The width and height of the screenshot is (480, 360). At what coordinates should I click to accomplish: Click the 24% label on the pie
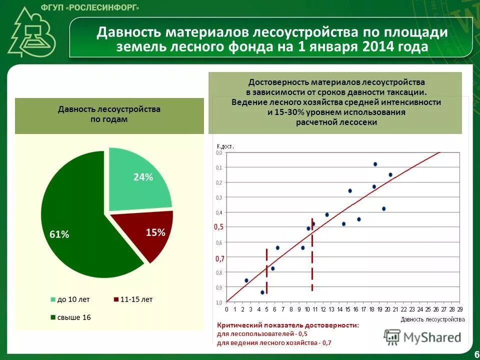pyautogui.click(x=143, y=177)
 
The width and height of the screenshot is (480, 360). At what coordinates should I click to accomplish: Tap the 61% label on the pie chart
pyautogui.click(x=59, y=234)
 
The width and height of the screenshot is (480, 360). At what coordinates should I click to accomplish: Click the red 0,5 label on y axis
pyautogui.click(x=219, y=226)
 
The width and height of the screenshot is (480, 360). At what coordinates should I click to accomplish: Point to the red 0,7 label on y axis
pyautogui.click(x=219, y=258)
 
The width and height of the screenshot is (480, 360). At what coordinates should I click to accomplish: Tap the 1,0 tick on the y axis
pyautogui.click(x=219, y=302)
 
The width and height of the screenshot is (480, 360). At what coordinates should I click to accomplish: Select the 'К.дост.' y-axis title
pyautogui.click(x=225, y=146)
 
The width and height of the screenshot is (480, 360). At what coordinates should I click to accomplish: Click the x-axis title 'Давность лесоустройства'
pyautogui.click(x=432, y=318)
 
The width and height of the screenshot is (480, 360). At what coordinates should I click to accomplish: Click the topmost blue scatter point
pyautogui.click(x=375, y=164)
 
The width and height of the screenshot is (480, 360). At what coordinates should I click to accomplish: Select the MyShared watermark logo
pyautogui.click(x=422, y=337)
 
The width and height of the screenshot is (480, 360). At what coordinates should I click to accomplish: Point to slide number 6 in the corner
pyautogui.click(x=475, y=354)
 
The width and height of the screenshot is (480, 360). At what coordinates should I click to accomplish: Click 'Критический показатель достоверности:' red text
pyautogui.click(x=287, y=325)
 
